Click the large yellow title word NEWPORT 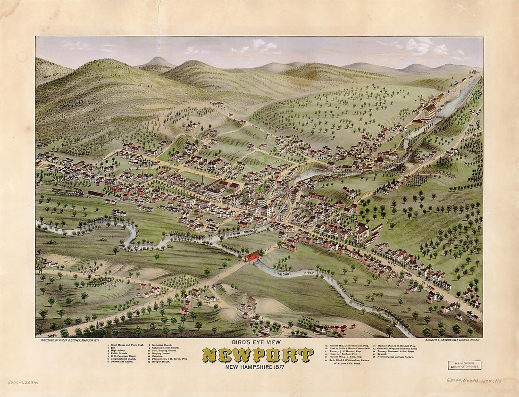(x=258, y=355)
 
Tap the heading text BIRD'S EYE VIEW (x=259, y=342)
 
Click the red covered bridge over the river (x=251, y=256)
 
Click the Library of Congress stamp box (x=464, y=365)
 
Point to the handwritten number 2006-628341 (x=23, y=382)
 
